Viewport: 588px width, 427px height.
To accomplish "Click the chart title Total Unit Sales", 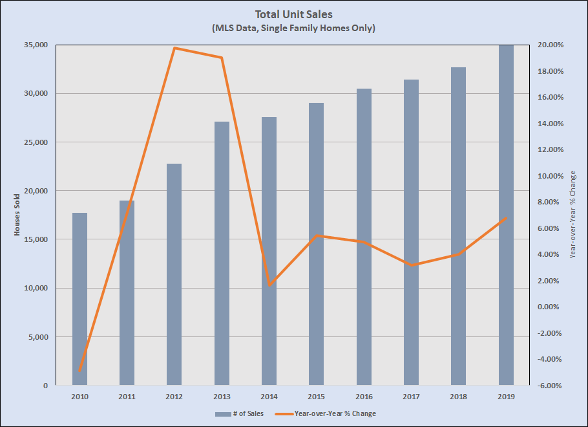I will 293,14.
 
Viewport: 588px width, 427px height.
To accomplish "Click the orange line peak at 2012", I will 174,48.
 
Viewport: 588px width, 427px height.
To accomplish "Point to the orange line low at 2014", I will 269,285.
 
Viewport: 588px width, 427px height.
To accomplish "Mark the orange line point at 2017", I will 411,265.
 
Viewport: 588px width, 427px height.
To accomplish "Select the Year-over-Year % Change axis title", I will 573,215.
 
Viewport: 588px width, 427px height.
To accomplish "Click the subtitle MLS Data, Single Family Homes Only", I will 293,28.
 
